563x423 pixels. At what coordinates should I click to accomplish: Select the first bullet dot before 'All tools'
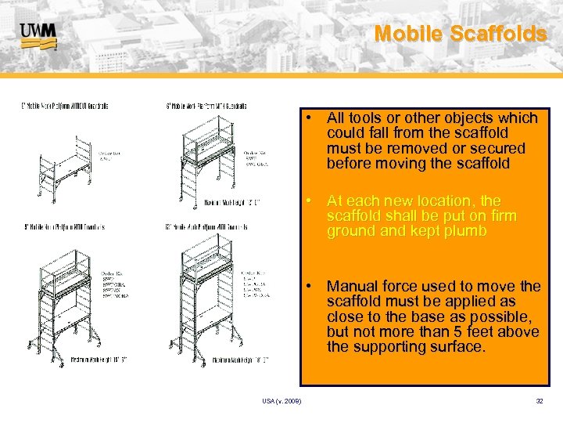310,118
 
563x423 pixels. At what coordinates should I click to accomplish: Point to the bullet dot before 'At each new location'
310,201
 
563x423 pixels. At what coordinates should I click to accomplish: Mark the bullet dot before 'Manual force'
310,286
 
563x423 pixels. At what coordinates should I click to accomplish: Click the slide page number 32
539,401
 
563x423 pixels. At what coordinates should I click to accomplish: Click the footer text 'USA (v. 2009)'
281,401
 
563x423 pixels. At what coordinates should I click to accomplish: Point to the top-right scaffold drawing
208,157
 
